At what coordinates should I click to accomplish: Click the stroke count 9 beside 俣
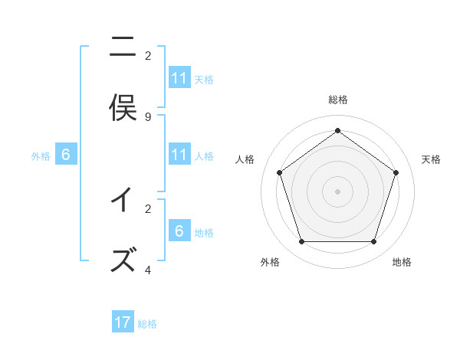(148, 117)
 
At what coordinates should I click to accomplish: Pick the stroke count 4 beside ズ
(148, 270)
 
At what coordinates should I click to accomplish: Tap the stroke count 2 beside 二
(148, 55)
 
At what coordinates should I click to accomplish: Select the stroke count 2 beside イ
(148, 208)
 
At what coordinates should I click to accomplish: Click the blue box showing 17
(123, 322)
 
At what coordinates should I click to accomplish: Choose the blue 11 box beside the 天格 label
(179, 78)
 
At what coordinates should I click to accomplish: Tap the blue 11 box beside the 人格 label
(179, 155)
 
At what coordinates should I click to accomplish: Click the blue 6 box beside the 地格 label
(179, 231)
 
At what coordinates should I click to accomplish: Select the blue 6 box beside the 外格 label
(66, 155)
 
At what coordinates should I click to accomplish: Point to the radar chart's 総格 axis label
(338, 100)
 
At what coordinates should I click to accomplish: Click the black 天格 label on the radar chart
(431, 159)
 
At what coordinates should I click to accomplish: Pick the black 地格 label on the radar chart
(402, 262)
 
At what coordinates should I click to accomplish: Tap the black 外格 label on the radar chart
(270, 262)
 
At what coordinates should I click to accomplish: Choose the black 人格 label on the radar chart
(245, 159)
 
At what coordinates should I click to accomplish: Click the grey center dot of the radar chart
(337, 191)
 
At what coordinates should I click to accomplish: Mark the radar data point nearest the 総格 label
(337, 130)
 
